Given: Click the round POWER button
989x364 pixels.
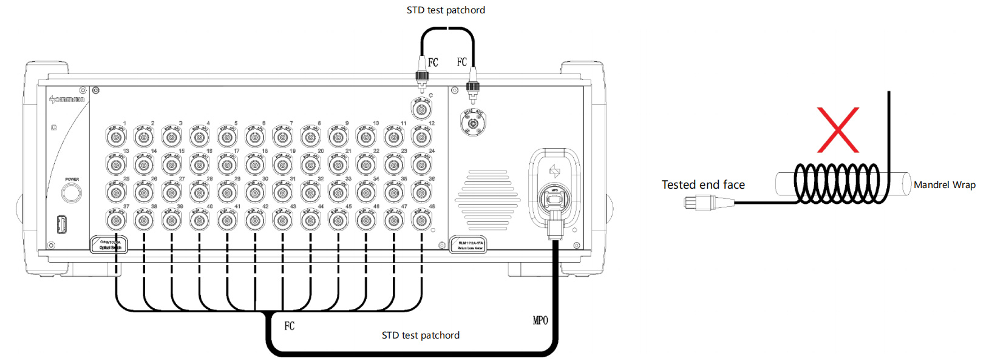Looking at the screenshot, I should (x=72, y=193).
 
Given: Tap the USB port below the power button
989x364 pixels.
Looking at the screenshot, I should (x=61, y=224).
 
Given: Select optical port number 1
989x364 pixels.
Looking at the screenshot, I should (x=116, y=138).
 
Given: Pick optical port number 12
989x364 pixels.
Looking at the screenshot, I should (x=422, y=138).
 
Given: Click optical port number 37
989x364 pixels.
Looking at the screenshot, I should (x=116, y=220).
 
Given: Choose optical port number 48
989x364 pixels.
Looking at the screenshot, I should (x=422, y=220).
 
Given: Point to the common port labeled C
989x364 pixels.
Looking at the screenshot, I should (x=421, y=110).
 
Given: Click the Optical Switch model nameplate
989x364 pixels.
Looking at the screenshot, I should (x=110, y=244).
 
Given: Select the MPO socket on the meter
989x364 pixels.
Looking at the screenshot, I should (x=554, y=197).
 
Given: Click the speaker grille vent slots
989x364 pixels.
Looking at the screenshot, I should (x=488, y=200).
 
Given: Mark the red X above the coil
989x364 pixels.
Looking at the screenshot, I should (x=838, y=130).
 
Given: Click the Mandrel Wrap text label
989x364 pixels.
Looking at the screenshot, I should (x=944, y=185).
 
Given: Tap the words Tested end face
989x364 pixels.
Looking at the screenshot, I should (x=703, y=185).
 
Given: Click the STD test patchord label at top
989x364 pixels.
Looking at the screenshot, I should (x=446, y=10).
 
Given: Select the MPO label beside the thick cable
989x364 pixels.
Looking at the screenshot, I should (x=540, y=320).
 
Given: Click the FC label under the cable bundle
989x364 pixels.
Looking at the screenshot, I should (x=290, y=326).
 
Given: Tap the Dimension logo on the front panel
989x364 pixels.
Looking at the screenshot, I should (x=67, y=99).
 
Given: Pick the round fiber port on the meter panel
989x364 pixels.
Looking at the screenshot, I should (x=473, y=124).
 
